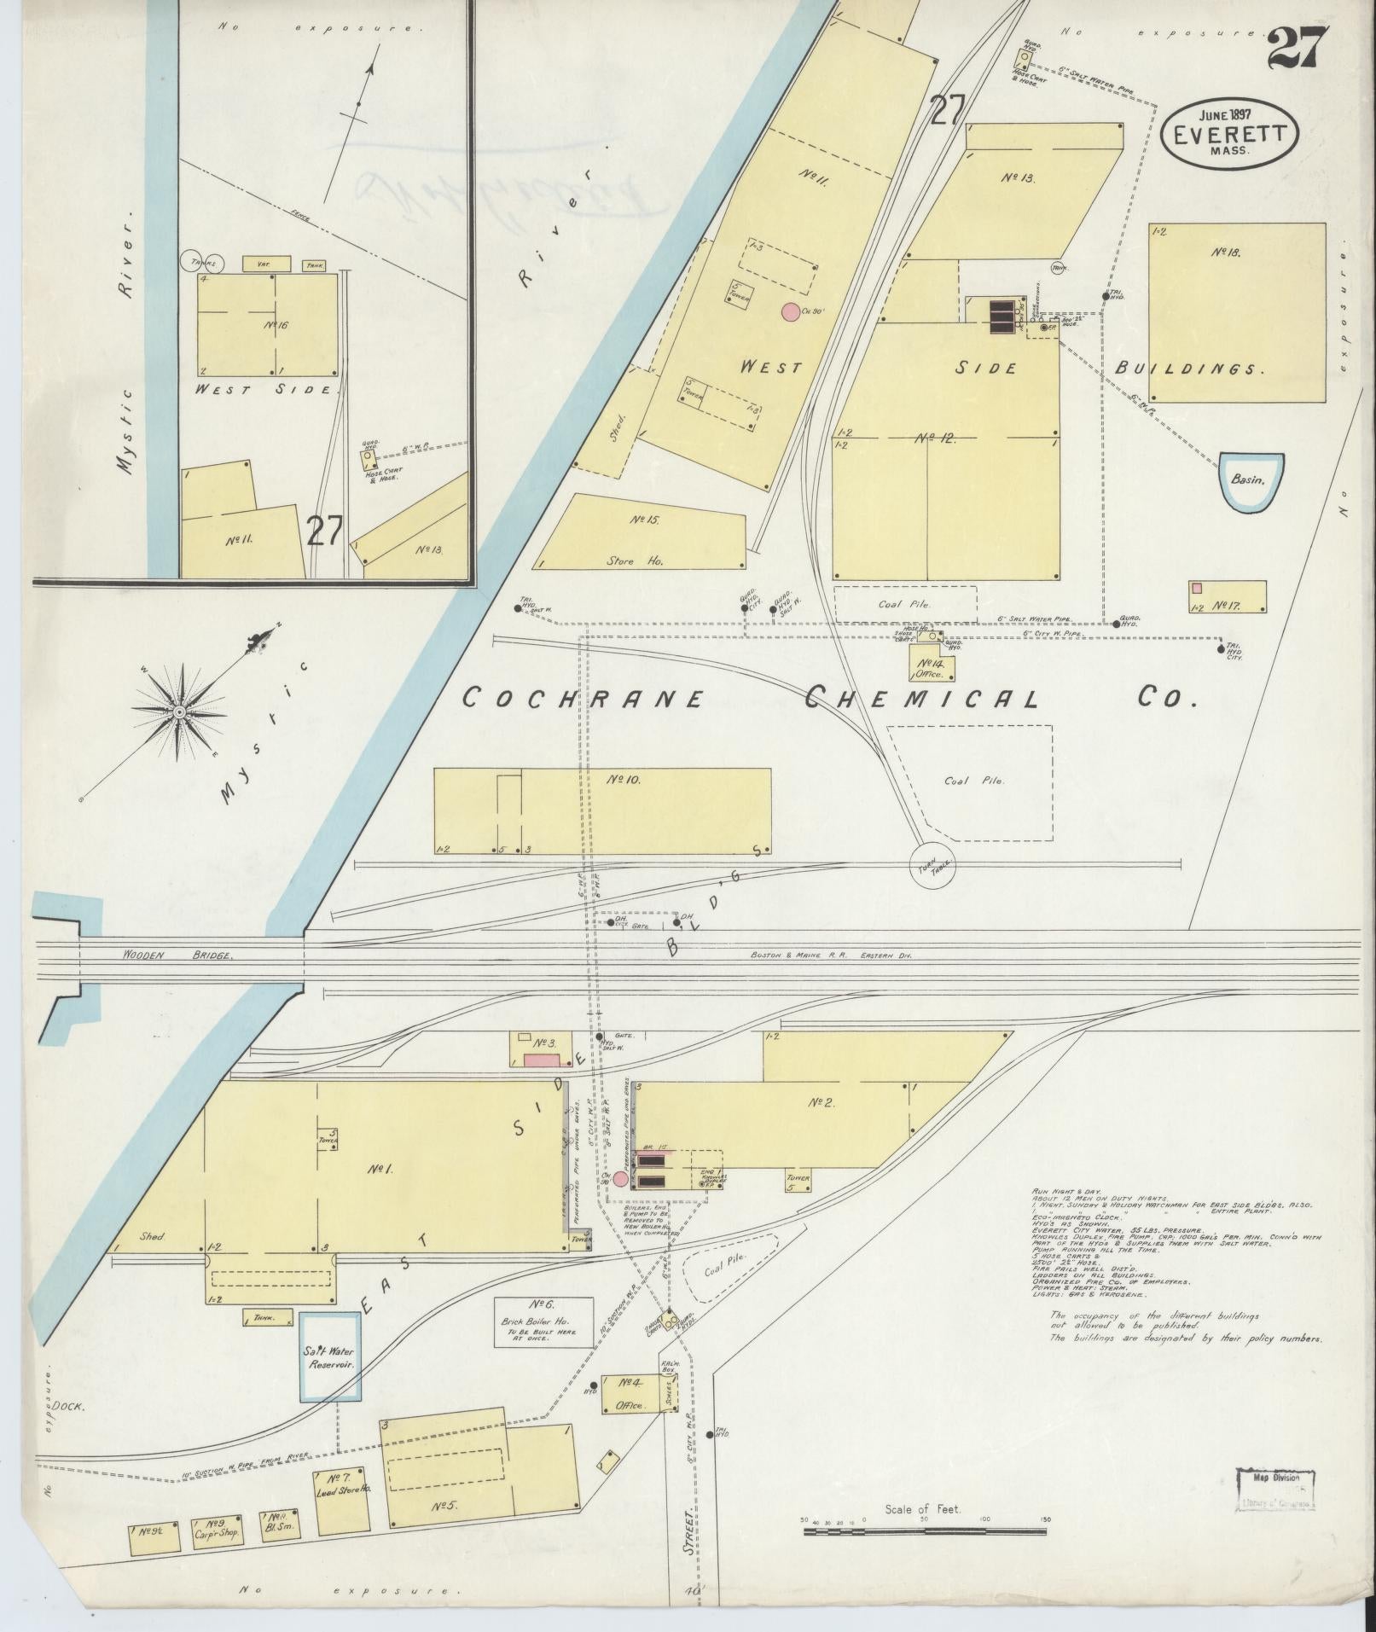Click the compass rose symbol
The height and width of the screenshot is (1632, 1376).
[x=180, y=711]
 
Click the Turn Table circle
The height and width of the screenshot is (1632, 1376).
[x=933, y=866]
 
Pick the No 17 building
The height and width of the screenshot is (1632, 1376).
[x=1228, y=596]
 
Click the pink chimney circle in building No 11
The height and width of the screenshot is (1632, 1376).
[x=791, y=312]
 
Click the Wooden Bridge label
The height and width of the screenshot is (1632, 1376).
[x=177, y=955]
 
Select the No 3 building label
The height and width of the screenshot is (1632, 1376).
[x=545, y=1043]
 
